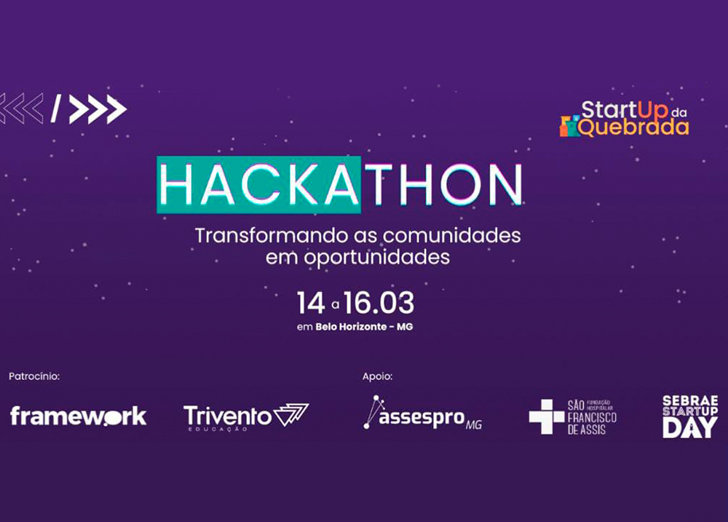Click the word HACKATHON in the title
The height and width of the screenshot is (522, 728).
pyautogui.click(x=340, y=185)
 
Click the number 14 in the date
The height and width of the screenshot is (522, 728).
pyautogui.click(x=311, y=304)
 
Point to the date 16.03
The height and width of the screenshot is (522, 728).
pyautogui.click(x=379, y=304)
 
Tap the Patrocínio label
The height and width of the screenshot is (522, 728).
pyautogui.click(x=34, y=376)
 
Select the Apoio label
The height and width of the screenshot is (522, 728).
pyautogui.click(x=377, y=376)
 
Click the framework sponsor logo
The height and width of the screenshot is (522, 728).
pyautogui.click(x=78, y=416)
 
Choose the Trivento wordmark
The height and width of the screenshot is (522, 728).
pyautogui.click(x=227, y=416)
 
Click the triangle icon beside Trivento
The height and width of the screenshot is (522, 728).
pyautogui.click(x=291, y=414)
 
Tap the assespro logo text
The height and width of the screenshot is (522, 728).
pyautogui.click(x=422, y=419)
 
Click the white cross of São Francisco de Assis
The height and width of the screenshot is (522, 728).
pyautogui.click(x=547, y=416)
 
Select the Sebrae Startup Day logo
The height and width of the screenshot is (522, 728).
pyautogui.click(x=690, y=416)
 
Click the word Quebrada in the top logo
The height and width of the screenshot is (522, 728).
pyautogui.click(x=634, y=127)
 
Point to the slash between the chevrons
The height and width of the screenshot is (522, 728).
pyautogui.click(x=56, y=108)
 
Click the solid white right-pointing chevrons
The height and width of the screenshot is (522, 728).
pyautogui.click(x=98, y=109)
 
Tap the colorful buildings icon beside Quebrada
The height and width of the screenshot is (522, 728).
pyautogui.click(x=570, y=126)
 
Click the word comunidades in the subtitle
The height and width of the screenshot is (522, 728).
pyautogui.click(x=451, y=235)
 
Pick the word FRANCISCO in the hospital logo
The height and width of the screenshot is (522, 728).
pyautogui.click(x=592, y=417)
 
